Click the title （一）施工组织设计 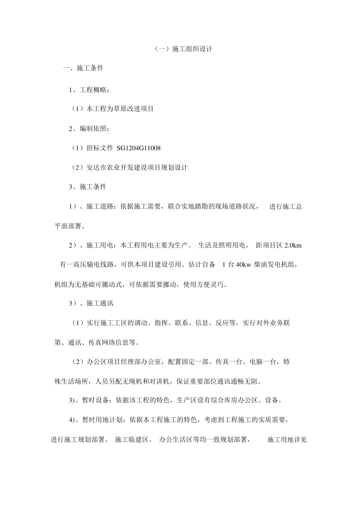[183, 49]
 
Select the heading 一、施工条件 [83, 68]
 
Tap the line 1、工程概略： [90, 90]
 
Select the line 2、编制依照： [90, 129]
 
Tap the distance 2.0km [293, 245]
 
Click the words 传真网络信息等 [112, 343]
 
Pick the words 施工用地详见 [287, 440]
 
